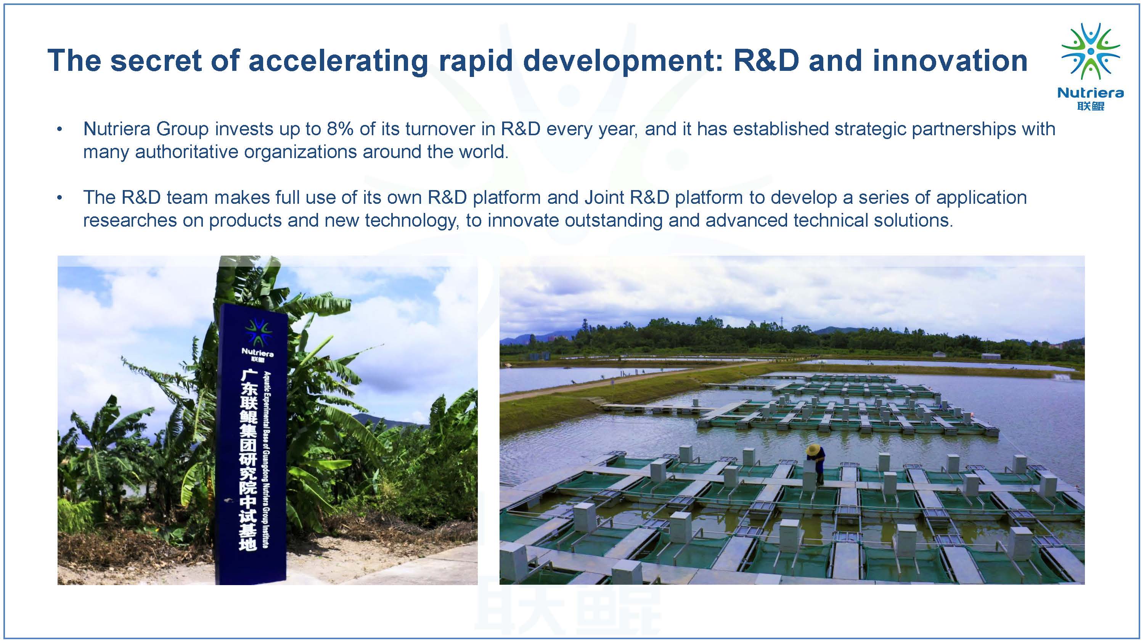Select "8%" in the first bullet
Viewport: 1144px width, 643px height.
coord(340,129)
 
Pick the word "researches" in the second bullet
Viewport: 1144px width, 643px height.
coord(130,221)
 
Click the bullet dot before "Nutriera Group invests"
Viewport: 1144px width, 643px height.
coord(59,130)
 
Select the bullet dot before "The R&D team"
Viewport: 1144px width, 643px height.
coord(59,198)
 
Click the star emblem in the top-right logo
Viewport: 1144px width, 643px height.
coord(1091,51)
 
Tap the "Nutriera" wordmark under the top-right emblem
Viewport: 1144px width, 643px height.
coord(1091,93)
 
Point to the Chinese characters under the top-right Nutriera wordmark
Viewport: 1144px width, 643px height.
coord(1091,106)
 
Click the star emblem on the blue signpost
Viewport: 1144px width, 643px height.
coord(257,332)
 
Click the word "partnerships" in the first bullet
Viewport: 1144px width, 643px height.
coord(964,129)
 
